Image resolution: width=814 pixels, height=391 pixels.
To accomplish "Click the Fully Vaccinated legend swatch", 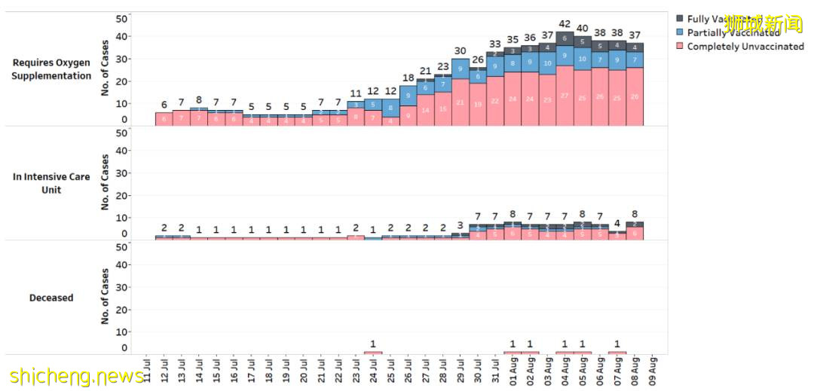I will point(680,19).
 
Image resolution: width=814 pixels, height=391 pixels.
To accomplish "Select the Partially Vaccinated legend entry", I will point(733,32).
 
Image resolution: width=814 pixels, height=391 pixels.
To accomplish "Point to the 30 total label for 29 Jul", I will point(460,50).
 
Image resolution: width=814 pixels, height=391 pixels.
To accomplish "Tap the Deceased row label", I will point(51,298).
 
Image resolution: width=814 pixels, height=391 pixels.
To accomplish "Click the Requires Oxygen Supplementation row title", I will point(51,69).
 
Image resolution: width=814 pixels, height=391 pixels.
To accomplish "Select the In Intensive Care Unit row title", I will point(51,183).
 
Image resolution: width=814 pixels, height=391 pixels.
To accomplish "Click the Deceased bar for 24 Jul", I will point(373,353).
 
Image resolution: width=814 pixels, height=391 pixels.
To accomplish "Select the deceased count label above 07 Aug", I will point(617,344).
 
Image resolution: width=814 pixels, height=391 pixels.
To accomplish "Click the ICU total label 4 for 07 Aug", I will point(617,223).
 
